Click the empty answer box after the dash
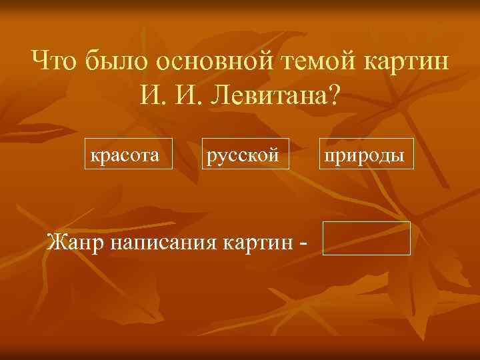click(x=366, y=239)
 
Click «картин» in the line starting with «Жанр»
click(x=258, y=241)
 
